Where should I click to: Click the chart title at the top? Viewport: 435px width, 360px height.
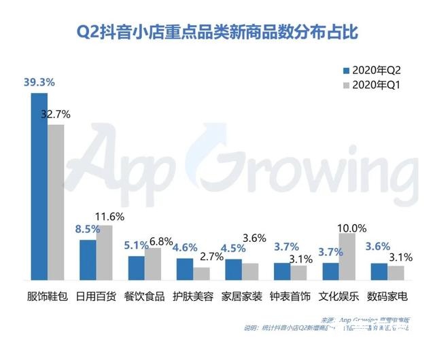(x=217, y=31)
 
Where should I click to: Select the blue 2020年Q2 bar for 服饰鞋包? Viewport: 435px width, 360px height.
(x=39, y=186)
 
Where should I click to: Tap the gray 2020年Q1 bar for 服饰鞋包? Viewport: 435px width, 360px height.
(x=56, y=202)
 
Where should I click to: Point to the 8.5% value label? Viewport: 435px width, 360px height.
(x=86, y=230)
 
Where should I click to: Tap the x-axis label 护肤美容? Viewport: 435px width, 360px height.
(x=193, y=296)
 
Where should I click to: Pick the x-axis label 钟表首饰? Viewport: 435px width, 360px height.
(x=290, y=296)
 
